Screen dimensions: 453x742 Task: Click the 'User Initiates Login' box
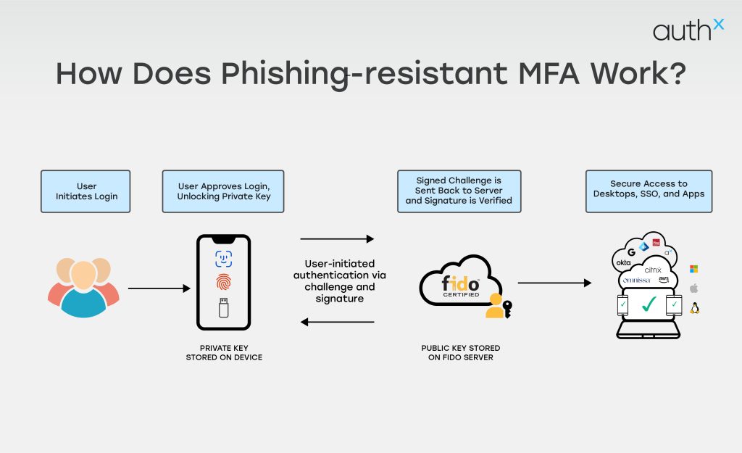pos(86,191)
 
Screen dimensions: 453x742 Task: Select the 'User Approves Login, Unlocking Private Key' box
pos(223,191)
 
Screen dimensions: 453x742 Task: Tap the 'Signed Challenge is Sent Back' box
pos(459,191)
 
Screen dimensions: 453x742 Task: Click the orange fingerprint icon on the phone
pos(223,283)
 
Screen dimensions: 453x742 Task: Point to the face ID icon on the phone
pos(223,259)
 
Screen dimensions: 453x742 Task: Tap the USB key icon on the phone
pos(223,308)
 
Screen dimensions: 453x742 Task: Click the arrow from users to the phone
pos(159,288)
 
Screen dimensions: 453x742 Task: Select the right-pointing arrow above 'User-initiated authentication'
pos(337,238)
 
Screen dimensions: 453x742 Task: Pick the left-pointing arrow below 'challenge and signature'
pos(337,321)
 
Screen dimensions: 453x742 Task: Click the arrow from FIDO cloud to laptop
pos(554,283)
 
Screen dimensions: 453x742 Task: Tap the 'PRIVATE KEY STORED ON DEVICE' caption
pos(224,353)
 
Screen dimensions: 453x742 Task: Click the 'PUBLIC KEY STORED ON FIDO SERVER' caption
pos(461,353)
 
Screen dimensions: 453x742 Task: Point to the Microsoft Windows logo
pos(693,269)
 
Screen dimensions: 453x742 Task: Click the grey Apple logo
pos(693,288)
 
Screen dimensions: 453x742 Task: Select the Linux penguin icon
pos(694,307)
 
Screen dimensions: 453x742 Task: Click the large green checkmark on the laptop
pos(648,303)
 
